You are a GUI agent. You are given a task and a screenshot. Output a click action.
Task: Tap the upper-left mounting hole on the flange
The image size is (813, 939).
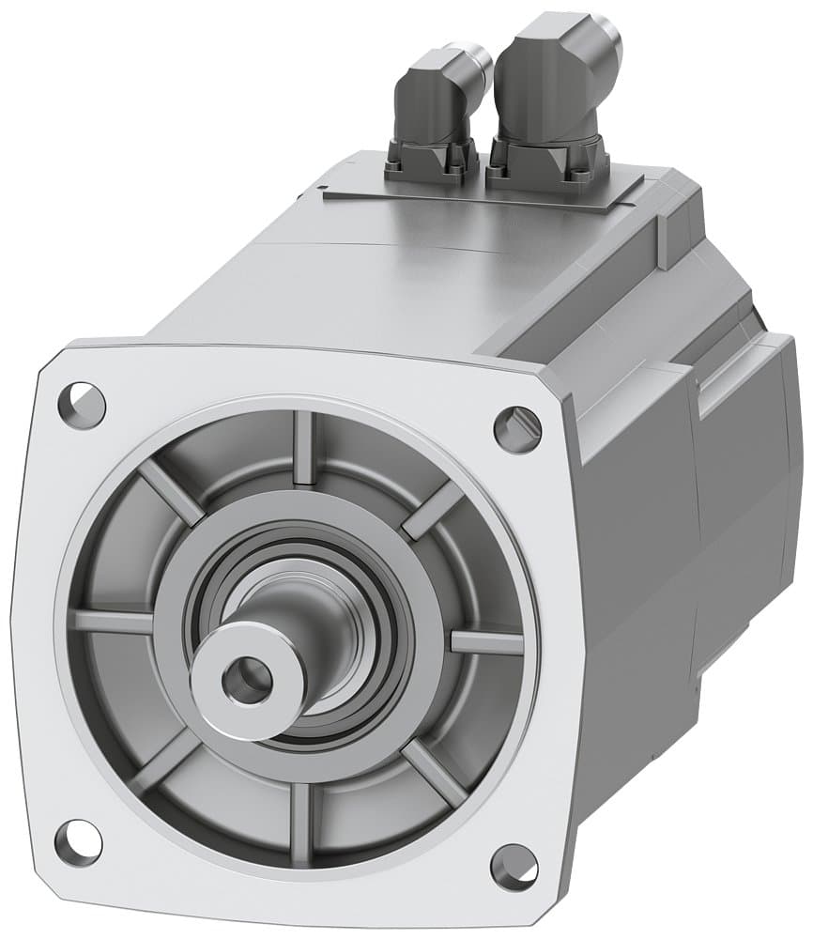(81, 405)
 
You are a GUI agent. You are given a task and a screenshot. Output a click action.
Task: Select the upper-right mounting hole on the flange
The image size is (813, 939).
(517, 428)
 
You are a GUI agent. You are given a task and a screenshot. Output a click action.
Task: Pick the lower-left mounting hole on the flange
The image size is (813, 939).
(79, 839)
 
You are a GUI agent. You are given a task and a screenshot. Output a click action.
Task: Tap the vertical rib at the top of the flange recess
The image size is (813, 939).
(303, 449)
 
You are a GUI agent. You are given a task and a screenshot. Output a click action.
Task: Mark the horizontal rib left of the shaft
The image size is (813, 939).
(113, 622)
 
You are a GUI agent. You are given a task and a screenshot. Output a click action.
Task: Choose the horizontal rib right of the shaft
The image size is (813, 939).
(486, 642)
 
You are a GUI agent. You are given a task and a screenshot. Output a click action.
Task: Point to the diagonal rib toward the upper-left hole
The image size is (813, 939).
(170, 494)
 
